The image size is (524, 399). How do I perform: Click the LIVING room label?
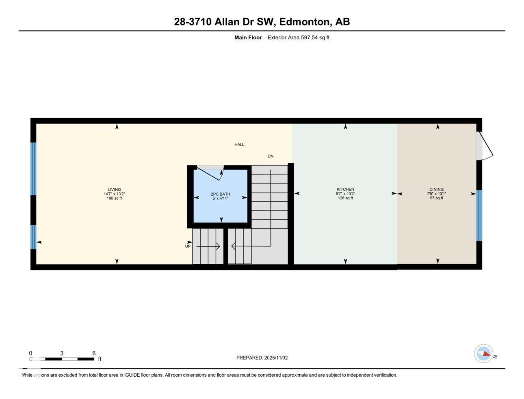pos(114,190)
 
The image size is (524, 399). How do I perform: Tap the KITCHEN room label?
pos(345,190)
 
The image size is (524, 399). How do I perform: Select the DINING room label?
pos(436,190)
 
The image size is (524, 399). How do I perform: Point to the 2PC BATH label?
pos(220,194)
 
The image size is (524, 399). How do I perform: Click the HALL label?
pos(239,145)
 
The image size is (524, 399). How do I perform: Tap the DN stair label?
pos(271,156)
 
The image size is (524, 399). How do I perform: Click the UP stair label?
pos(188,246)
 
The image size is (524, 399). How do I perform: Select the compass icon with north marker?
pos(484,354)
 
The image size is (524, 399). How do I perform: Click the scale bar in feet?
pos(62,359)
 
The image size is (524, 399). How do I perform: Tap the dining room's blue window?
pos(479,216)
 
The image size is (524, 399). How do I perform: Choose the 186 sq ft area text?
pos(114,198)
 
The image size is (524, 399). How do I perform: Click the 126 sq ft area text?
pos(345,198)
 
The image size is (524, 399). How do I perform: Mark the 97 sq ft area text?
pos(436,198)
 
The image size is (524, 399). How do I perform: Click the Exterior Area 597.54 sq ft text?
pos(298,38)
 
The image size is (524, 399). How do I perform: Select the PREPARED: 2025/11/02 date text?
pos(262,358)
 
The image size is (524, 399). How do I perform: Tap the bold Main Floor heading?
pos(248,38)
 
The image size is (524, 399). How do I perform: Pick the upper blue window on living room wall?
pos(33,168)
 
